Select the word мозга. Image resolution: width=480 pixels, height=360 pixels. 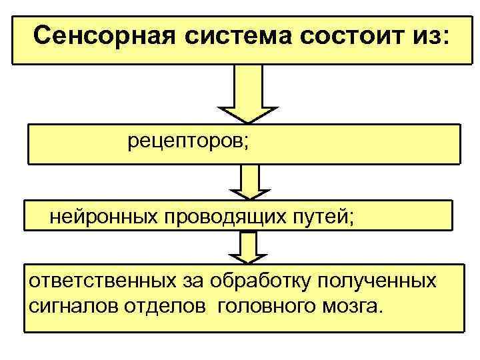(353, 307)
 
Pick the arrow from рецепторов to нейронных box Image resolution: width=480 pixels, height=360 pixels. (249, 181)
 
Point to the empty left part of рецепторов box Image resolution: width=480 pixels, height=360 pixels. (73, 143)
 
